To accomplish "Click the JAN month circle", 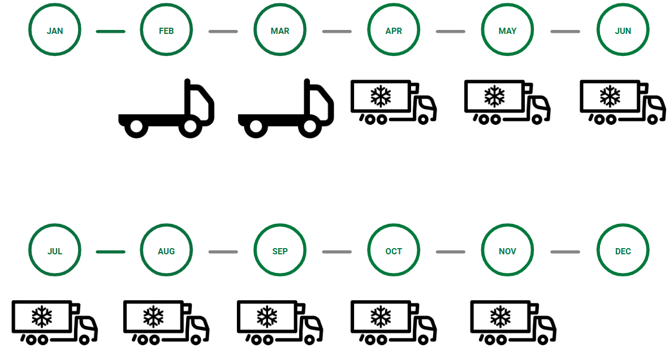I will click(x=55, y=31).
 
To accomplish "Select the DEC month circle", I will click(x=623, y=251).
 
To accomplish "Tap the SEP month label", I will click(x=280, y=251).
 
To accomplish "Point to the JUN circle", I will click(x=623, y=31).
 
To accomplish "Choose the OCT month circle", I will click(x=394, y=251).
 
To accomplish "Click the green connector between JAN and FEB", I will click(x=110, y=31).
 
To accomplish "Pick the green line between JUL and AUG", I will click(x=110, y=251).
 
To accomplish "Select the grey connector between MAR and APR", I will click(x=336, y=31).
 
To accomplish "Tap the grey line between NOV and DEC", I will click(x=565, y=251).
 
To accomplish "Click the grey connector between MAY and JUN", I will click(x=565, y=31).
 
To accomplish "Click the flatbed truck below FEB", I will click(x=166, y=110).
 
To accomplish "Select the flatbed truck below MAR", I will click(x=286, y=110).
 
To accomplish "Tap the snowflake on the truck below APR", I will click(x=381, y=97).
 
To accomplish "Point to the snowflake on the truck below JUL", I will click(x=41, y=317).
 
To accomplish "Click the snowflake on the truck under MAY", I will click(x=494, y=97).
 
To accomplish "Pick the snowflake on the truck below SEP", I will click(x=267, y=317).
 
